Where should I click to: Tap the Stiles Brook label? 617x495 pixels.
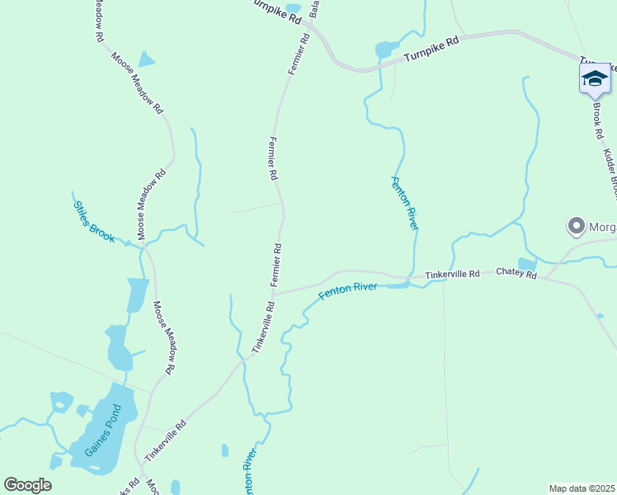(93, 221)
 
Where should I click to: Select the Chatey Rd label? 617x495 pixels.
(516, 273)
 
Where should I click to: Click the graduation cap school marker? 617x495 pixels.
(594, 79)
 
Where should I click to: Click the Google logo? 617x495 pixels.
(27, 485)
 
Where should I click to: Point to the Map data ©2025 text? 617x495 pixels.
(582, 488)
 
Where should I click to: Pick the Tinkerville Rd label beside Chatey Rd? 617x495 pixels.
(452, 274)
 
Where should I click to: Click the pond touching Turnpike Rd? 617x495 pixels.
(385, 49)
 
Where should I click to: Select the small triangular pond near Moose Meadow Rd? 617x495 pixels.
(146, 59)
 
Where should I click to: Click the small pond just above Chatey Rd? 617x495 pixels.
(526, 264)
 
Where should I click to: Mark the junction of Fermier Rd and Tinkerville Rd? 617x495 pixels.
(273, 294)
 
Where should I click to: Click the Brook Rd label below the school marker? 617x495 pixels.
(598, 120)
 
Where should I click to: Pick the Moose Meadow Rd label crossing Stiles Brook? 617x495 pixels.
(152, 205)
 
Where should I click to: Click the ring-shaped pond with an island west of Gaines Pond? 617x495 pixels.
(61, 403)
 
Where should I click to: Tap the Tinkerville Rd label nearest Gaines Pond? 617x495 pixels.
(165, 439)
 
